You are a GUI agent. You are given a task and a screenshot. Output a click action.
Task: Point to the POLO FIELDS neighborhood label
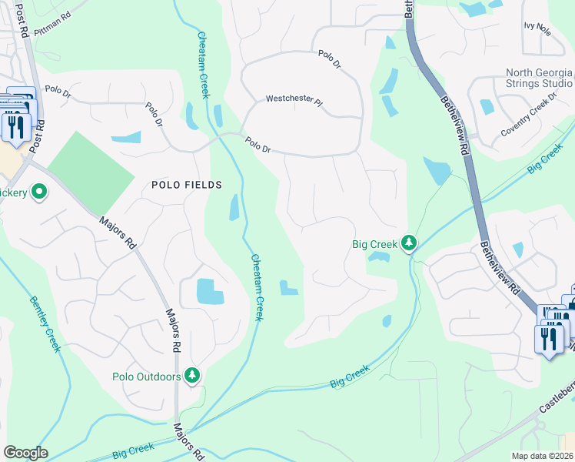click(x=186, y=185)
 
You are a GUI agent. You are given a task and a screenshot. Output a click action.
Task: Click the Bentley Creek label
click(x=45, y=324)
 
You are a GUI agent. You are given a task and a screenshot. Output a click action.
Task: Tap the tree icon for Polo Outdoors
click(x=191, y=376)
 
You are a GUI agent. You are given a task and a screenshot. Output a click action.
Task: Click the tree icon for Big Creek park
click(x=409, y=244)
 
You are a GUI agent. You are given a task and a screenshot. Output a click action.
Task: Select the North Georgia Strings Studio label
click(x=538, y=78)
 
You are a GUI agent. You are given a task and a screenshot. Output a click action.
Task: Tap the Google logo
click(x=25, y=453)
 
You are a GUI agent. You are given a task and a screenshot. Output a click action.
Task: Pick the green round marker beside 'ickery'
click(x=38, y=192)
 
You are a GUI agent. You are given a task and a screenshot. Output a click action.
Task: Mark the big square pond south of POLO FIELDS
click(x=210, y=292)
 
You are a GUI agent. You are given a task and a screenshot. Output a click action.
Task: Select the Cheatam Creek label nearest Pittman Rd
click(x=204, y=65)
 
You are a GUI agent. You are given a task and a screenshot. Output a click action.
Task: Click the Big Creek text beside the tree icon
click(x=374, y=245)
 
